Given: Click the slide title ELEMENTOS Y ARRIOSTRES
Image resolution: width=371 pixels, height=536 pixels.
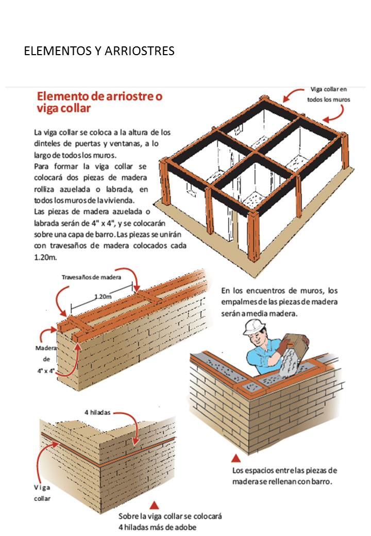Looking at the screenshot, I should point(99,51).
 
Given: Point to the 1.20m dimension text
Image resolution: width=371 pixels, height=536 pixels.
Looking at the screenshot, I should point(105,297).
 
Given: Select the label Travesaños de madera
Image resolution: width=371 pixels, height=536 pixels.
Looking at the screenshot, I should point(91,277).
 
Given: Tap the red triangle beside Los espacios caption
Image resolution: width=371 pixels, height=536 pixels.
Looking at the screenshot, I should point(235,458).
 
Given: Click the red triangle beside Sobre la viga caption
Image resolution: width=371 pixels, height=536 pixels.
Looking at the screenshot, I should point(154,505).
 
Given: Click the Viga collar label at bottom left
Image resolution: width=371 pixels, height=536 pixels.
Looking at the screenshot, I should point(42,493).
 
